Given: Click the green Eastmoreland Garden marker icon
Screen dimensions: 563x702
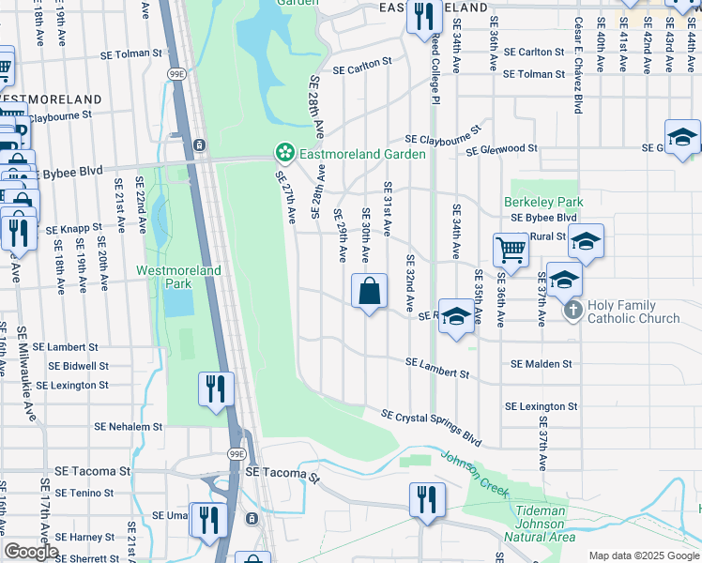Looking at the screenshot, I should click(x=282, y=152).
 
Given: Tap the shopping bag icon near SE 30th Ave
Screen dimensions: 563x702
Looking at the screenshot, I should click(x=370, y=291).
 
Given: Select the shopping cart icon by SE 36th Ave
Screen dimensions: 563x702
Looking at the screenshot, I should click(x=511, y=250).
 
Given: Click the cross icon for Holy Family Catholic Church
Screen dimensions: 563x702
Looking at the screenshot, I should click(x=572, y=310).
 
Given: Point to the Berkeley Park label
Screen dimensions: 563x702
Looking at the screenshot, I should click(x=543, y=202).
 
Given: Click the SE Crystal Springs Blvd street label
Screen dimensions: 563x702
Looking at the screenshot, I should click(x=431, y=426).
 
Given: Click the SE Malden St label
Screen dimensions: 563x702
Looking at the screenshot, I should click(x=541, y=363).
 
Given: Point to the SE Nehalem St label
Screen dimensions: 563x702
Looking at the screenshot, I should click(x=128, y=426).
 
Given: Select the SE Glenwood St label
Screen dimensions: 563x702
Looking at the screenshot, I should click(x=501, y=149).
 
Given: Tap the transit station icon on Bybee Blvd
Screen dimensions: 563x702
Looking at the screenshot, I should click(x=200, y=145).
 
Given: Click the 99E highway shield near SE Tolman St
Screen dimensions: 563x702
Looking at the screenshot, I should click(x=176, y=73).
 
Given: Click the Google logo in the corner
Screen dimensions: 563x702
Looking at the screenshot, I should click(x=31, y=552).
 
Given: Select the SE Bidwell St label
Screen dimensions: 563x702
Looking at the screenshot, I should click(x=71, y=366).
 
